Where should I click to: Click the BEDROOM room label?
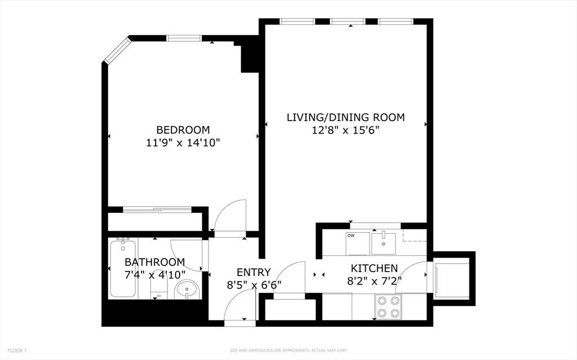pyautogui.click(x=183, y=130)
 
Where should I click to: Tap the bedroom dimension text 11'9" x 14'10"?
pyautogui.click(x=183, y=143)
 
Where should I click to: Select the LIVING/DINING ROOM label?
pyautogui.click(x=345, y=117)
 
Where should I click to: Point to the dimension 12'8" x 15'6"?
pyautogui.click(x=345, y=130)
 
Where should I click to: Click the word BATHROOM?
pyautogui.click(x=154, y=262)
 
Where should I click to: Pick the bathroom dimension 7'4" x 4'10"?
pyautogui.click(x=154, y=275)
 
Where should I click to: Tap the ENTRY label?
pyautogui.click(x=254, y=272)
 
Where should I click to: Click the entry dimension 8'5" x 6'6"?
pyautogui.click(x=254, y=285)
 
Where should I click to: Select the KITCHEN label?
pyautogui.click(x=374, y=268)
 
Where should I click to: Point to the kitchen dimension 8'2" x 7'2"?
pyautogui.click(x=374, y=281)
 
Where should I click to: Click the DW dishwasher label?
pyautogui.click(x=351, y=236)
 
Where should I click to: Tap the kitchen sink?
pyautogui.click(x=383, y=243)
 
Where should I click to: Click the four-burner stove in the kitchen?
pyautogui.click(x=388, y=306)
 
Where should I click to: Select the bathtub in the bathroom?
pyautogui.click(x=123, y=268)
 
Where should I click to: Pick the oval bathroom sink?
pyautogui.click(x=187, y=290)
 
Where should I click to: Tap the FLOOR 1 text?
pyautogui.click(x=17, y=350)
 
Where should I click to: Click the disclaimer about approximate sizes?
pyautogui.click(x=288, y=350)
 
